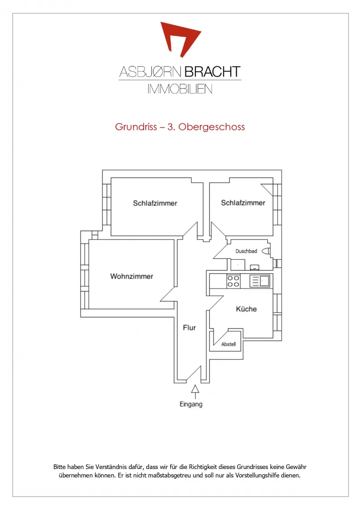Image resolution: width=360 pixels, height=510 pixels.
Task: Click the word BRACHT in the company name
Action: point(213,72)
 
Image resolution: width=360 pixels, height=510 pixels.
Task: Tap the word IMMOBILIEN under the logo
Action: point(180,89)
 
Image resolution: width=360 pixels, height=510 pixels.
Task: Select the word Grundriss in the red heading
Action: point(136,127)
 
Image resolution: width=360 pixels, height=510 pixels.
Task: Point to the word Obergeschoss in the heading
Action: point(211,127)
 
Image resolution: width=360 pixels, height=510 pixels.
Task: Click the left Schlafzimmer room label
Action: point(155,203)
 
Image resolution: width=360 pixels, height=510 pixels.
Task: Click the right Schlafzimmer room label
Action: point(243,203)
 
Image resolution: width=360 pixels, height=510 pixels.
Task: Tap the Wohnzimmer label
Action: point(132,276)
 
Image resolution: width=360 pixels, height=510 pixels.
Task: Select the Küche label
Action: point(246,309)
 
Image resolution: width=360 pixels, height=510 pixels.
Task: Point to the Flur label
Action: point(189,328)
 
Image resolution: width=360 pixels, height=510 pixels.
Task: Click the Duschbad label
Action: point(246,251)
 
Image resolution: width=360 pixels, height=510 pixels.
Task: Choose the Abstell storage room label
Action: point(228,344)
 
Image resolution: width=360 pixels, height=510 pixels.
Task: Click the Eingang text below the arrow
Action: point(191,404)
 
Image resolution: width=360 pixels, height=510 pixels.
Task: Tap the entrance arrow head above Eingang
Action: point(195,388)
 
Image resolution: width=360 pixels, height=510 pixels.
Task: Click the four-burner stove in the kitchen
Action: point(233,281)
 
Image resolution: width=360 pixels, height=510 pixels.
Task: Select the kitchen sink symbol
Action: point(260,281)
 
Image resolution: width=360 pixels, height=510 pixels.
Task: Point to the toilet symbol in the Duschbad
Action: point(266,251)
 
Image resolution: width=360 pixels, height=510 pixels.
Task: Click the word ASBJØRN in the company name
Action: point(150,72)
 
